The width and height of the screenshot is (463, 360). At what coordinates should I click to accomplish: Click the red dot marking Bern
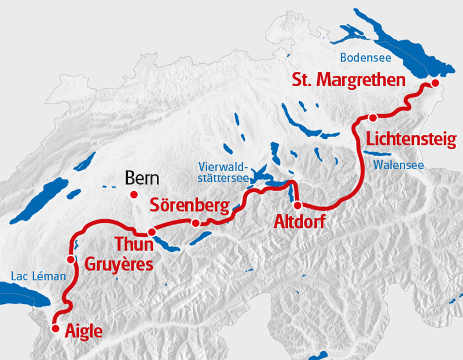134,194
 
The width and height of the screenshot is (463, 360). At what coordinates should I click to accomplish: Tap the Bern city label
142,178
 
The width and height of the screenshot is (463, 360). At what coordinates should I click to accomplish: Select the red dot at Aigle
56,328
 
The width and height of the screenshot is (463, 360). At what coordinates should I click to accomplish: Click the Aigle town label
84,331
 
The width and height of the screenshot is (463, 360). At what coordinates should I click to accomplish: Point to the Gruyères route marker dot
71,259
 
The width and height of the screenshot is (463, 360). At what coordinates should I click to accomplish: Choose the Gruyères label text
119,265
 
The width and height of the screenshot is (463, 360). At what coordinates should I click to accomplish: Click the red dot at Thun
152,232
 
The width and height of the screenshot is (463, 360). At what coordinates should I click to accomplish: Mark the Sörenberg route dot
196,223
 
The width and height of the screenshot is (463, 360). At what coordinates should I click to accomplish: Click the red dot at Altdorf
297,205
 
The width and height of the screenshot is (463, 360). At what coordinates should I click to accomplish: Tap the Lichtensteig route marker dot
373,117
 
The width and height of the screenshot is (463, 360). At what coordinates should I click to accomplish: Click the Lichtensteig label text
411,139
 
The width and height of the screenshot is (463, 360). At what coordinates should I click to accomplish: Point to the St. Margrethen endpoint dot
435,85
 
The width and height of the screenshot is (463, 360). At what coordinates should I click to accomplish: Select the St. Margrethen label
348,80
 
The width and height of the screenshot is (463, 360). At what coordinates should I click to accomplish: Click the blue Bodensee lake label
365,57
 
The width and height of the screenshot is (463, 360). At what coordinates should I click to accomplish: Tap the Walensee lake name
398,165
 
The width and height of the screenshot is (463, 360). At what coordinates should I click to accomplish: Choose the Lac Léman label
38,276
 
